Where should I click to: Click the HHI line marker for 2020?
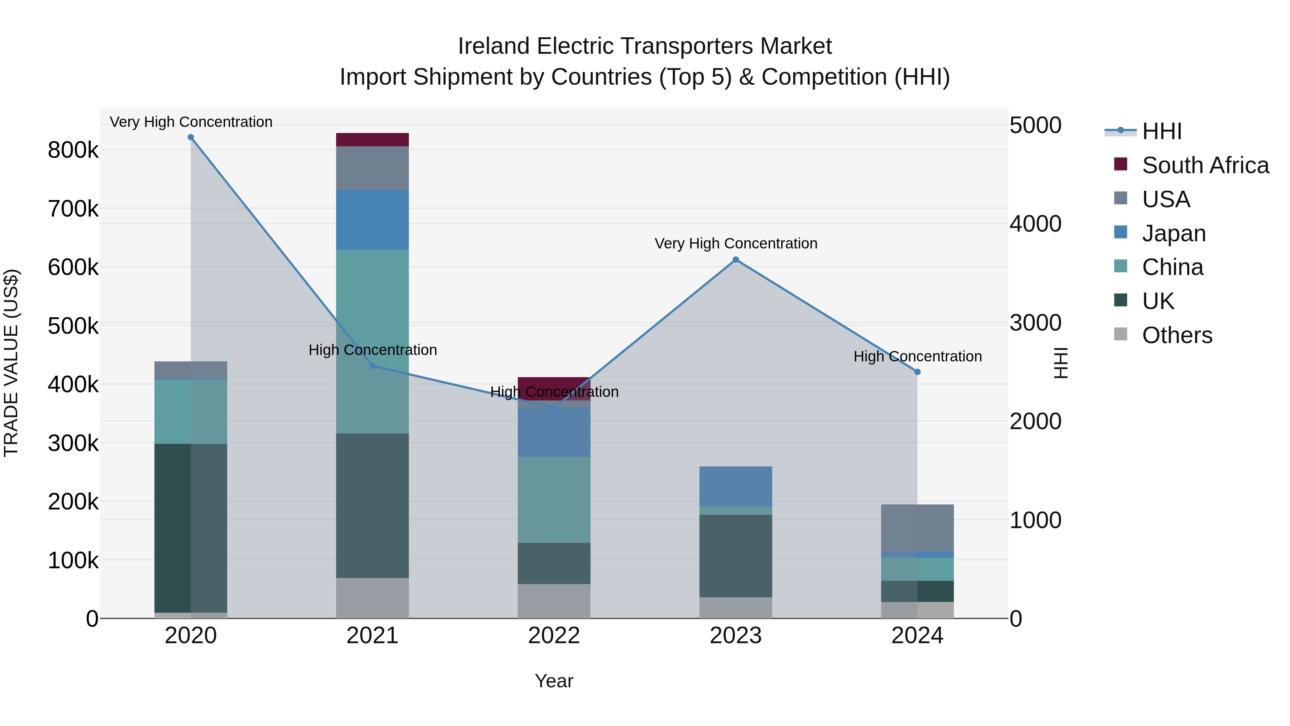point(191,137)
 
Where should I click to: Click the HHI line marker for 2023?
point(736,260)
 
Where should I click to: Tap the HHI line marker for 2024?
point(917,372)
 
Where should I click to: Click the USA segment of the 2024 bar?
point(917,528)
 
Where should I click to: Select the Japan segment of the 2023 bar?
point(736,487)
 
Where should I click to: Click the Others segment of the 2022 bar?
point(554,601)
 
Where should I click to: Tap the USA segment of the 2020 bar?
point(191,370)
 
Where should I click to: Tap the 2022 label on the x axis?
point(554,636)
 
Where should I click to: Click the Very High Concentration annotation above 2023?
point(736,243)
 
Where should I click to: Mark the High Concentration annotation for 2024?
point(917,356)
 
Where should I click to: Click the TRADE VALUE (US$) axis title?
point(11,363)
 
